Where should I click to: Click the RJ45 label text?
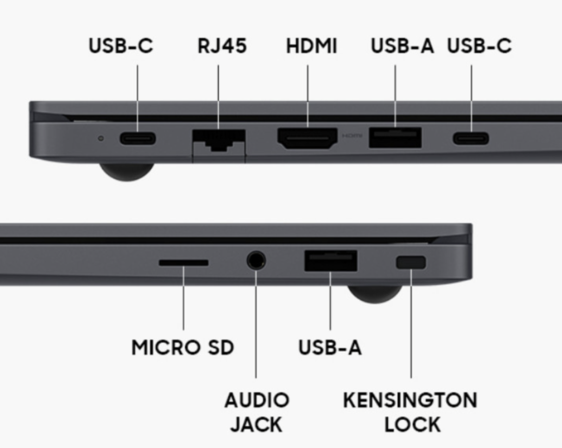coord(222,46)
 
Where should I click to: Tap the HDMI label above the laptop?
coord(311,46)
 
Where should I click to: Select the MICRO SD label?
coord(183,348)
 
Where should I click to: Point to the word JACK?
coord(256,425)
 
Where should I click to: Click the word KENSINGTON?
coord(410,400)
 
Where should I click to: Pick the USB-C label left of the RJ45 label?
coord(121,46)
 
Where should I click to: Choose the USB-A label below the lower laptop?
coord(330,348)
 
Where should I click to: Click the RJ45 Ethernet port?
coord(218,141)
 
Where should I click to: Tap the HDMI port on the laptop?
coord(307,138)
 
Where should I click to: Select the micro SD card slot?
coord(183,263)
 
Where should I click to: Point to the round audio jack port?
coord(256,261)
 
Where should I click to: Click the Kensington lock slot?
coord(410,263)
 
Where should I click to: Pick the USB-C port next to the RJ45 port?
coord(138,138)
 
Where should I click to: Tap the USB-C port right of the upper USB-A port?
coord(471,138)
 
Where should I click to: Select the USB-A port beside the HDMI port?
coord(395,138)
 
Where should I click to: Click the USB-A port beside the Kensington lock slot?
coord(331,261)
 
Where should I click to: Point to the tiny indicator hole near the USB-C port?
coord(101,138)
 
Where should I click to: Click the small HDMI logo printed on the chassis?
coord(352,136)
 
